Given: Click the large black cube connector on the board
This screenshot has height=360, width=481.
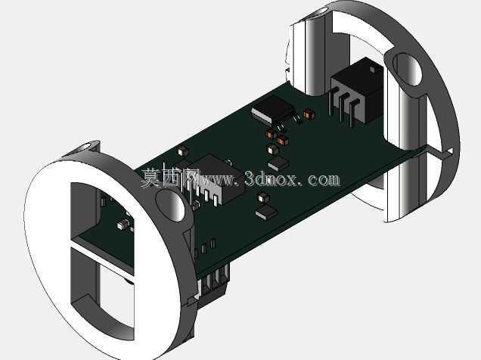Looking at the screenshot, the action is pos(358,90).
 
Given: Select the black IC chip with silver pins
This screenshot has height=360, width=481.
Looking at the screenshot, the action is pos(273,110).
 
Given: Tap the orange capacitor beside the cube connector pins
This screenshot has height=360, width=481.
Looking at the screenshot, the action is pos(309,114).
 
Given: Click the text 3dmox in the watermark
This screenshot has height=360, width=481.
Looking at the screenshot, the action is pos(271,178).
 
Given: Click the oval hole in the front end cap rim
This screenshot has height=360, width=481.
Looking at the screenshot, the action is pos(171,204).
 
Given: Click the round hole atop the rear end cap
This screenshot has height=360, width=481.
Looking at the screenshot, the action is pos(318,13).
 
